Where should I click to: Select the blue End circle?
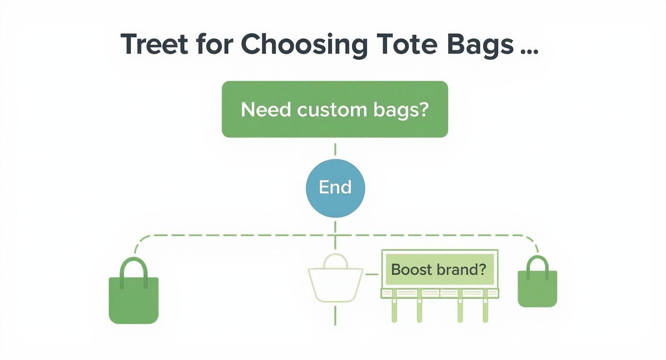(335, 187)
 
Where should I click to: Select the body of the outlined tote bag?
(335, 285)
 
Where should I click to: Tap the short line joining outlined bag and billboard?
(372, 274)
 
